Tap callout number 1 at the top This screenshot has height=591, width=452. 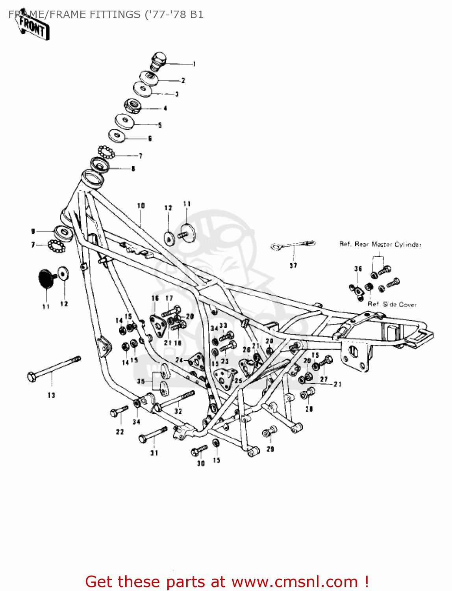pyautogui.click(x=194, y=64)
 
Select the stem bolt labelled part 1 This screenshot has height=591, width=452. pyautogui.click(x=158, y=61)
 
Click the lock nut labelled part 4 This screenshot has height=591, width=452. pyautogui.click(x=133, y=106)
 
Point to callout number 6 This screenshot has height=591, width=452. pyautogui.click(x=150, y=139)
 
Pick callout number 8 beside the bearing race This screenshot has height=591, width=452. pyautogui.click(x=133, y=169)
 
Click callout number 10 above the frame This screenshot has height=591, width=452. pyautogui.click(x=141, y=206)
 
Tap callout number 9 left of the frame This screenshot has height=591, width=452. pyautogui.click(x=33, y=232)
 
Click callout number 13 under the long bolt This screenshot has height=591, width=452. pyautogui.click(x=52, y=395)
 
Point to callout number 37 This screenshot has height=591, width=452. pyautogui.click(x=293, y=266)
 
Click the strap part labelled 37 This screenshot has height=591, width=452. pyautogui.click(x=293, y=245)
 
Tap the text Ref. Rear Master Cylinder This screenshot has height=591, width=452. pyautogui.click(x=380, y=245)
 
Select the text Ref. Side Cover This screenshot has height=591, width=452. pyautogui.click(x=392, y=305)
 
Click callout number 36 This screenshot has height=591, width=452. pyautogui.click(x=358, y=269)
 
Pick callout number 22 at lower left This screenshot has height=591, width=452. pyautogui.click(x=120, y=432)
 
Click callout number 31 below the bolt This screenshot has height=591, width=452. pyautogui.click(x=154, y=453)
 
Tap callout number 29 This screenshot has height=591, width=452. pyautogui.click(x=270, y=449)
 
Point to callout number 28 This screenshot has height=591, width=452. pyautogui.click(x=309, y=409)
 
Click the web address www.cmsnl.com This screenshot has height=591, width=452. pyautogui.click(x=295, y=582)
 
